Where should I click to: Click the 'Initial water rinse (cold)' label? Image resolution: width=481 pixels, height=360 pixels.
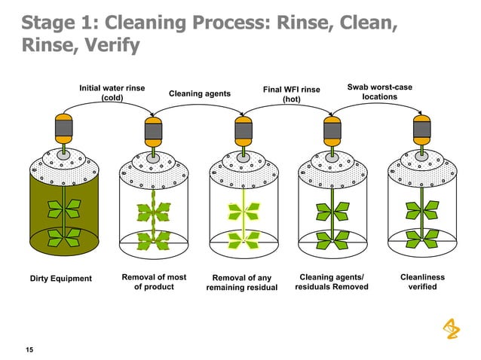(112, 93)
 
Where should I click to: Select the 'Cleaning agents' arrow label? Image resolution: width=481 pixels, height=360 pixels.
(199, 93)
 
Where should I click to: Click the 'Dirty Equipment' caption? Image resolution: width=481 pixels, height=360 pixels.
(60, 279)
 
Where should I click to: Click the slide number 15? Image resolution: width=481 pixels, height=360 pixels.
(29, 349)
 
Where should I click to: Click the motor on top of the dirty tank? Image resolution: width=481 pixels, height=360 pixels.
(64, 130)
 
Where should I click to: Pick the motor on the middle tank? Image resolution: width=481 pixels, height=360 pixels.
(242, 130)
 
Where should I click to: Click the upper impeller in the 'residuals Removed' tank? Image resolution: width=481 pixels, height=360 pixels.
(332, 210)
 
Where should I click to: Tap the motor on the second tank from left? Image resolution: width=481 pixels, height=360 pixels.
(153, 130)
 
